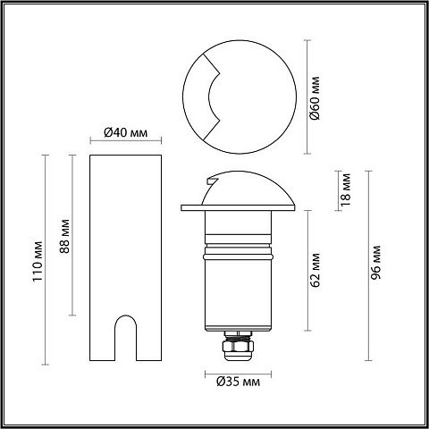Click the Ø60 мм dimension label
(315, 98)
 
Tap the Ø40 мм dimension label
(126, 132)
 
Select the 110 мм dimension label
(38, 261)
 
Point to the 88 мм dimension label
(64, 236)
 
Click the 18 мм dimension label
(346, 189)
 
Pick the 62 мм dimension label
(315, 271)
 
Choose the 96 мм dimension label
(375, 263)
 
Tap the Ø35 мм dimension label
(239, 382)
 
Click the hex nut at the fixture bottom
(238, 347)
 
